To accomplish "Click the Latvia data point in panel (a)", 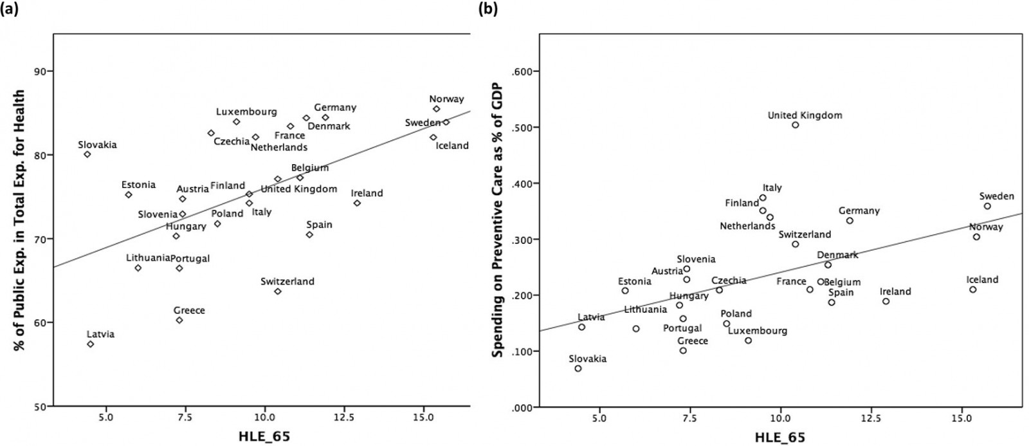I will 91,344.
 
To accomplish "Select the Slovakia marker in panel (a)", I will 87,154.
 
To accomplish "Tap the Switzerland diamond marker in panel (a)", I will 278,292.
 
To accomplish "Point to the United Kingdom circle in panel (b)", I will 796,125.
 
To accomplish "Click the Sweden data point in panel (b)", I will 987,206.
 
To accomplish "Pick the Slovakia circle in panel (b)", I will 578,369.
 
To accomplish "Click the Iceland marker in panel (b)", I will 973,290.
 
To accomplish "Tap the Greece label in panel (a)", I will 189,310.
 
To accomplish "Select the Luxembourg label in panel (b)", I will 758,331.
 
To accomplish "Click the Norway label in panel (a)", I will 446,99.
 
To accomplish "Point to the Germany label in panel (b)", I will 859,211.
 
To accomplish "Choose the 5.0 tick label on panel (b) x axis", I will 599,416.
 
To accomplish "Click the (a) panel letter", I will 9,9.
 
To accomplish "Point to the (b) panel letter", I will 487,9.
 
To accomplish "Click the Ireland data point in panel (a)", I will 357,203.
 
